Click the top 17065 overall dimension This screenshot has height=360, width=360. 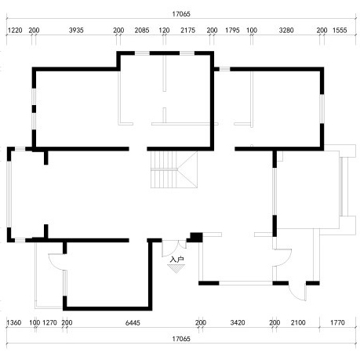tap(181, 14)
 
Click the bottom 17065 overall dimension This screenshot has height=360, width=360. tap(181, 339)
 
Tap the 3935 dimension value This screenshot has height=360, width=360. tap(76, 30)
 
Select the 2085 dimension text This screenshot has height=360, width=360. tap(142, 30)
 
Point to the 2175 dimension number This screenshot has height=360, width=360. tap(187, 30)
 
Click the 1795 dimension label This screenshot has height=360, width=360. tap(232, 30)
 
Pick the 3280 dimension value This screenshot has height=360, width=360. tap(286, 30)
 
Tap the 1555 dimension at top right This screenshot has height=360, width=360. tap(340, 30)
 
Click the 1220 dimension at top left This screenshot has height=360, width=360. tap(15, 30)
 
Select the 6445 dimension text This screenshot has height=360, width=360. tap(133, 322)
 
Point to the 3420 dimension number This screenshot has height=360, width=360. tap(238, 322)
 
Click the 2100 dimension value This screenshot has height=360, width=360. tap(298, 322)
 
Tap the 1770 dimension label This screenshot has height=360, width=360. tap(337, 322)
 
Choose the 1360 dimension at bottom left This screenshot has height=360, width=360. tap(14, 322)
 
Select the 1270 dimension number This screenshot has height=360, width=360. tap(49, 322)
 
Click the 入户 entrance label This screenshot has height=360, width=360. tap(176, 260)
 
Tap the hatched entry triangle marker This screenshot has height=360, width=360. tap(176, 268)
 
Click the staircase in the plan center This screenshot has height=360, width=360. tap(174, 169)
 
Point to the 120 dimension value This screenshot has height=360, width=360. tap(164, 30)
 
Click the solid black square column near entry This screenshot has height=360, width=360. tap(196, 237)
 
